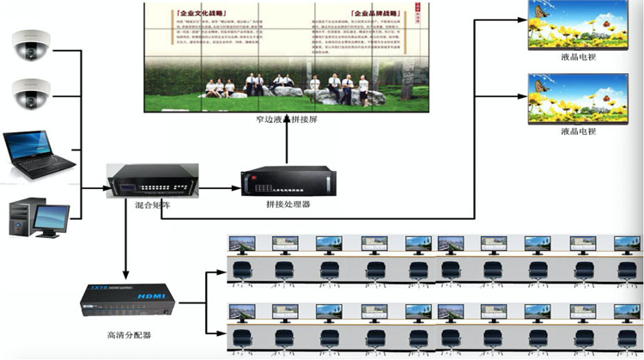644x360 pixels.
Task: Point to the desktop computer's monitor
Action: (52, 216)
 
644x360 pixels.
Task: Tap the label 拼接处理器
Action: (288, 206)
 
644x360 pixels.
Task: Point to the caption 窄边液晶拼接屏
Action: (287, 120)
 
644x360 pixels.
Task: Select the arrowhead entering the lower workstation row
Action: (222, 330)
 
